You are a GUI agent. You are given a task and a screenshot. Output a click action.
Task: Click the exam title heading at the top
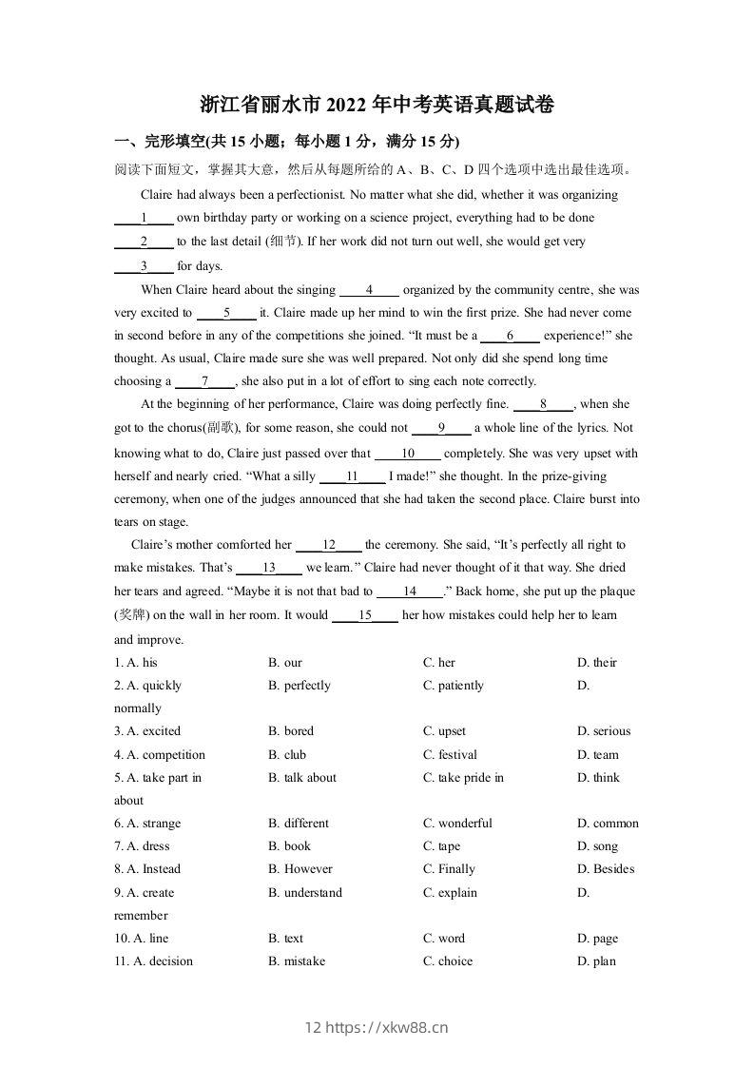pyautogui.click(x=377, y=105)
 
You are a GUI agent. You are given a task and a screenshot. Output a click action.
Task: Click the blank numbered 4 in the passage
pyautogui.click(x=369, y=290)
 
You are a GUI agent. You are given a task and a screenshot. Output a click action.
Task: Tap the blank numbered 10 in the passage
pyautogui.click(x=408, y=454)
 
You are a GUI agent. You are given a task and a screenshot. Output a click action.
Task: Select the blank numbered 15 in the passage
pyautogui.click(x=365, y=615)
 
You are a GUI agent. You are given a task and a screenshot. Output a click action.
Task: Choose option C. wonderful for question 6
pyautogui.click(x=458, y=824)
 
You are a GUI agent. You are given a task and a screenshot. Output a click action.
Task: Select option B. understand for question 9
pyautogui.click(x=305, y=893)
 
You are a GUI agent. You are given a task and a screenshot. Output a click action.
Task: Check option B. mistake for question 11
pyautogui.click(x=297, y=961)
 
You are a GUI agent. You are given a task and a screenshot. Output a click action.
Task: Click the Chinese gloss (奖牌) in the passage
pyautogui.click(x=132, y=615)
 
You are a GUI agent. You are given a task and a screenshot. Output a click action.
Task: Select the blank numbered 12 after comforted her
pyautogui.click(x=329, y=546)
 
